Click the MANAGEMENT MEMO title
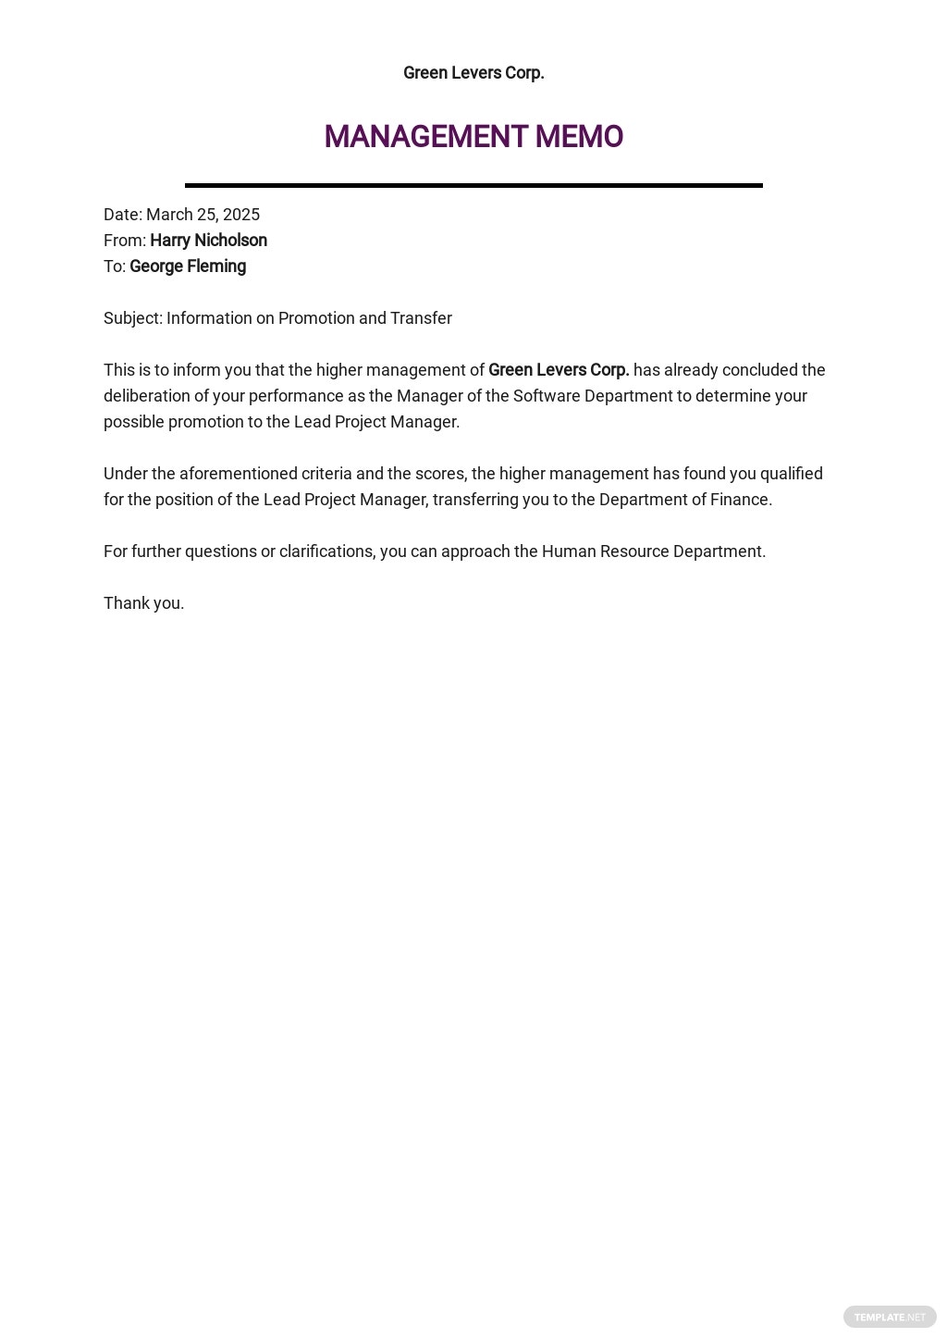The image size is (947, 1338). [x=473, y=137]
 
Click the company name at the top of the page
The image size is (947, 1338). [x=473, y=73]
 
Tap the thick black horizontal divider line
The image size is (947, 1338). [x=473, y=185]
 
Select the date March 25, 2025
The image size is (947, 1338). [x=203, y=215]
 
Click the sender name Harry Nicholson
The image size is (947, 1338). [x=208, y=241]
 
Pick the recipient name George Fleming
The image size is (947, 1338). [x=188, y=266]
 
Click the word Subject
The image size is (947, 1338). [x=132, y=318]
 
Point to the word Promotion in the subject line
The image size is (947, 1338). [x=315, y=318]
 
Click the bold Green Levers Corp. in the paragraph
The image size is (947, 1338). [x=559, y=370]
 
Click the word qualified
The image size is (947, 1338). [x=791, y=474]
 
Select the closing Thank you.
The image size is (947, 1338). [x=143, y=603]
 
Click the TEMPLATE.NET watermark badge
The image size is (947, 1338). [x=890, y=1317]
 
